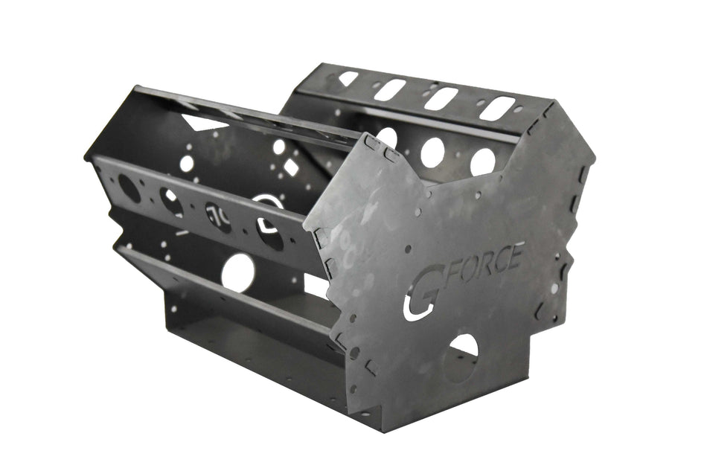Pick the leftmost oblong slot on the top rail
tap(348, 78)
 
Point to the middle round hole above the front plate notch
tap(432, 152)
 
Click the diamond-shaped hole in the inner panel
tap(291, 167)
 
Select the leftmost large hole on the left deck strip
tap(129, 188)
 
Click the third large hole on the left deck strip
tap(218, 217)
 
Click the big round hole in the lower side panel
tap(238, 272)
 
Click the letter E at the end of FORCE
tap(515, 254)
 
